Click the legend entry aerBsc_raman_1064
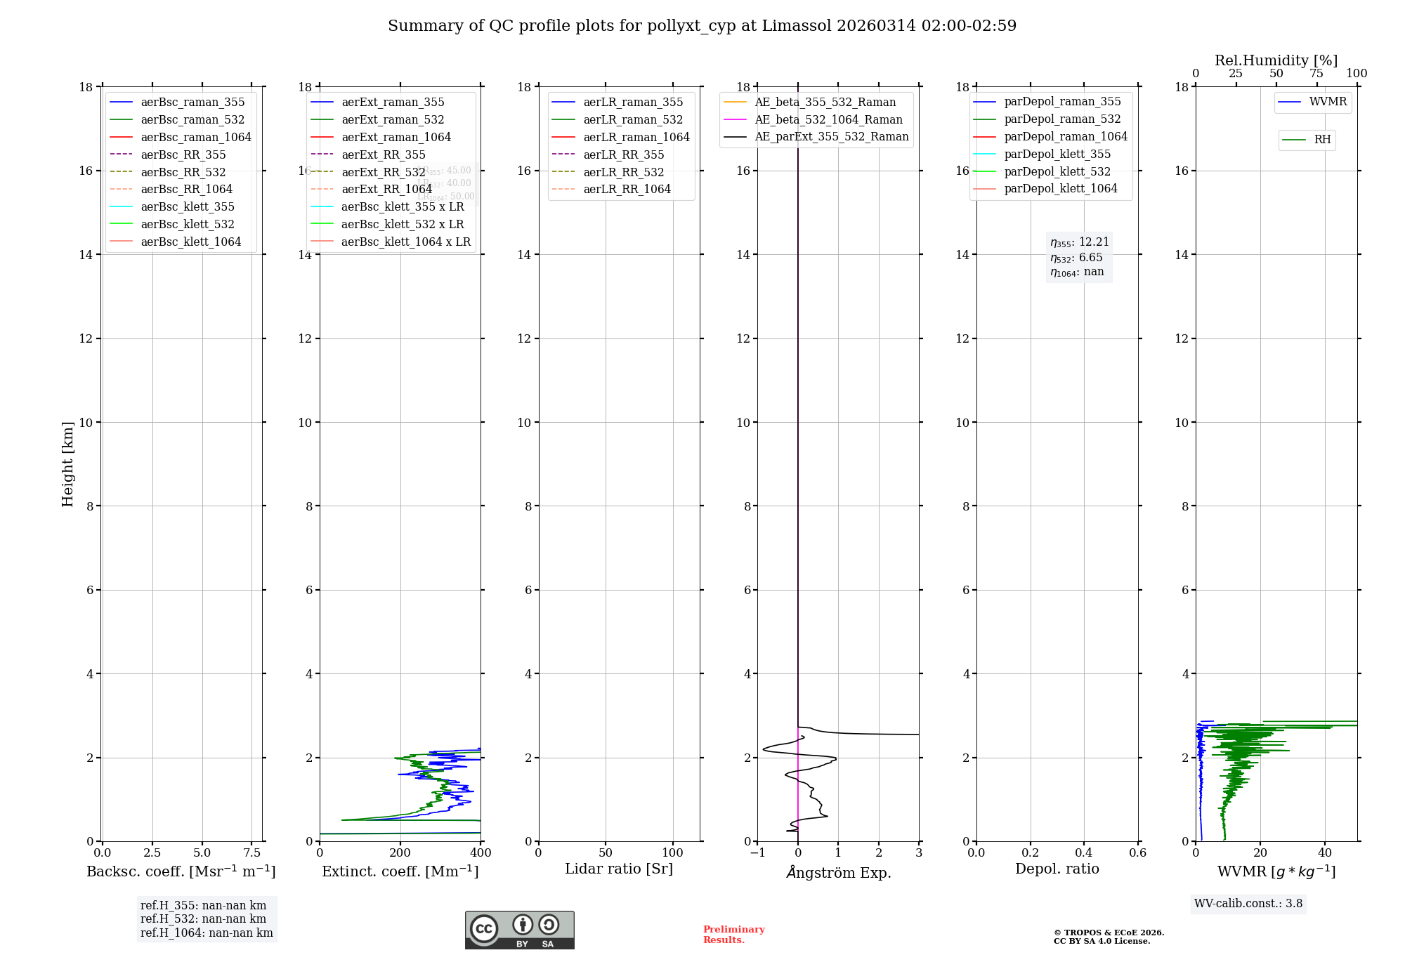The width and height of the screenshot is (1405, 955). pyautogui.click(x=196, y=137)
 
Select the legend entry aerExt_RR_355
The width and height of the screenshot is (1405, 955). pyautogui.click(x=384, y=154)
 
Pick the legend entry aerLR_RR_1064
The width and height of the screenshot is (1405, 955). pyautogui.click(x=627, y=189)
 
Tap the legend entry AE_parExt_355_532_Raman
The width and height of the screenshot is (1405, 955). pyautogui.click(x=831, y=136)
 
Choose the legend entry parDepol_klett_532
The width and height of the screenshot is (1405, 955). pyautogui.click(x=1057, y=171)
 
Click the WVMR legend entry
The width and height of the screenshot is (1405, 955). pyautogui.click(x=1328, y=102)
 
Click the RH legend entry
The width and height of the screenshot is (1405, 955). pyautogui.click(x=1322, y=140)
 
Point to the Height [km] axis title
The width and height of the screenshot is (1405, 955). pyautogui.click(x=67, y=464)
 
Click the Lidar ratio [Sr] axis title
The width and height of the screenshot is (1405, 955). pyautogui.click(x=619, y=869)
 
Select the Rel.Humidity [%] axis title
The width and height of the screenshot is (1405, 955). pyautogui.click(x=1276, y=60)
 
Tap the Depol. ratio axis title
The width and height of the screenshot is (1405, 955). pyautogui.click(x=1057, y=869)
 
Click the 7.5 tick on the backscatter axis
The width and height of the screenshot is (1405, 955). pyautogui.click(x=252, y=853)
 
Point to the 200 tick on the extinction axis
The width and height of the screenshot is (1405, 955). pyautogui.click(x=400, y=853)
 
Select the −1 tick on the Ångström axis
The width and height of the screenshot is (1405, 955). pyautogui.click(x=757, y=853)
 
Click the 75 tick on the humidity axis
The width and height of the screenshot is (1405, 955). pyautogui.click(x=1316, y=74)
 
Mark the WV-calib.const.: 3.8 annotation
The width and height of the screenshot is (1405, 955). pyautogui.click(x=1248, y=904)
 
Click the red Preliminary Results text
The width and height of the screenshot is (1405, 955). pyautogui.click(x=733, y=935)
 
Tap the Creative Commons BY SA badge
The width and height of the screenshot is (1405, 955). pyautogui.click(x=519, y=930)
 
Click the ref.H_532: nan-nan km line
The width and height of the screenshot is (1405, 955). pyautogui.click(x=203, y=919)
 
